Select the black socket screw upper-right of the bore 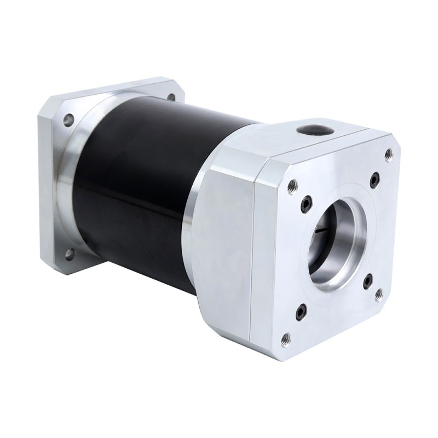[374, 178]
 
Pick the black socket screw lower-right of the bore [367, 281]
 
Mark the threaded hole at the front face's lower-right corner [378, 295]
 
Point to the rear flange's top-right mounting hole [171, 96]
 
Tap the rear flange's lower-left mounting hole [70, 253]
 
